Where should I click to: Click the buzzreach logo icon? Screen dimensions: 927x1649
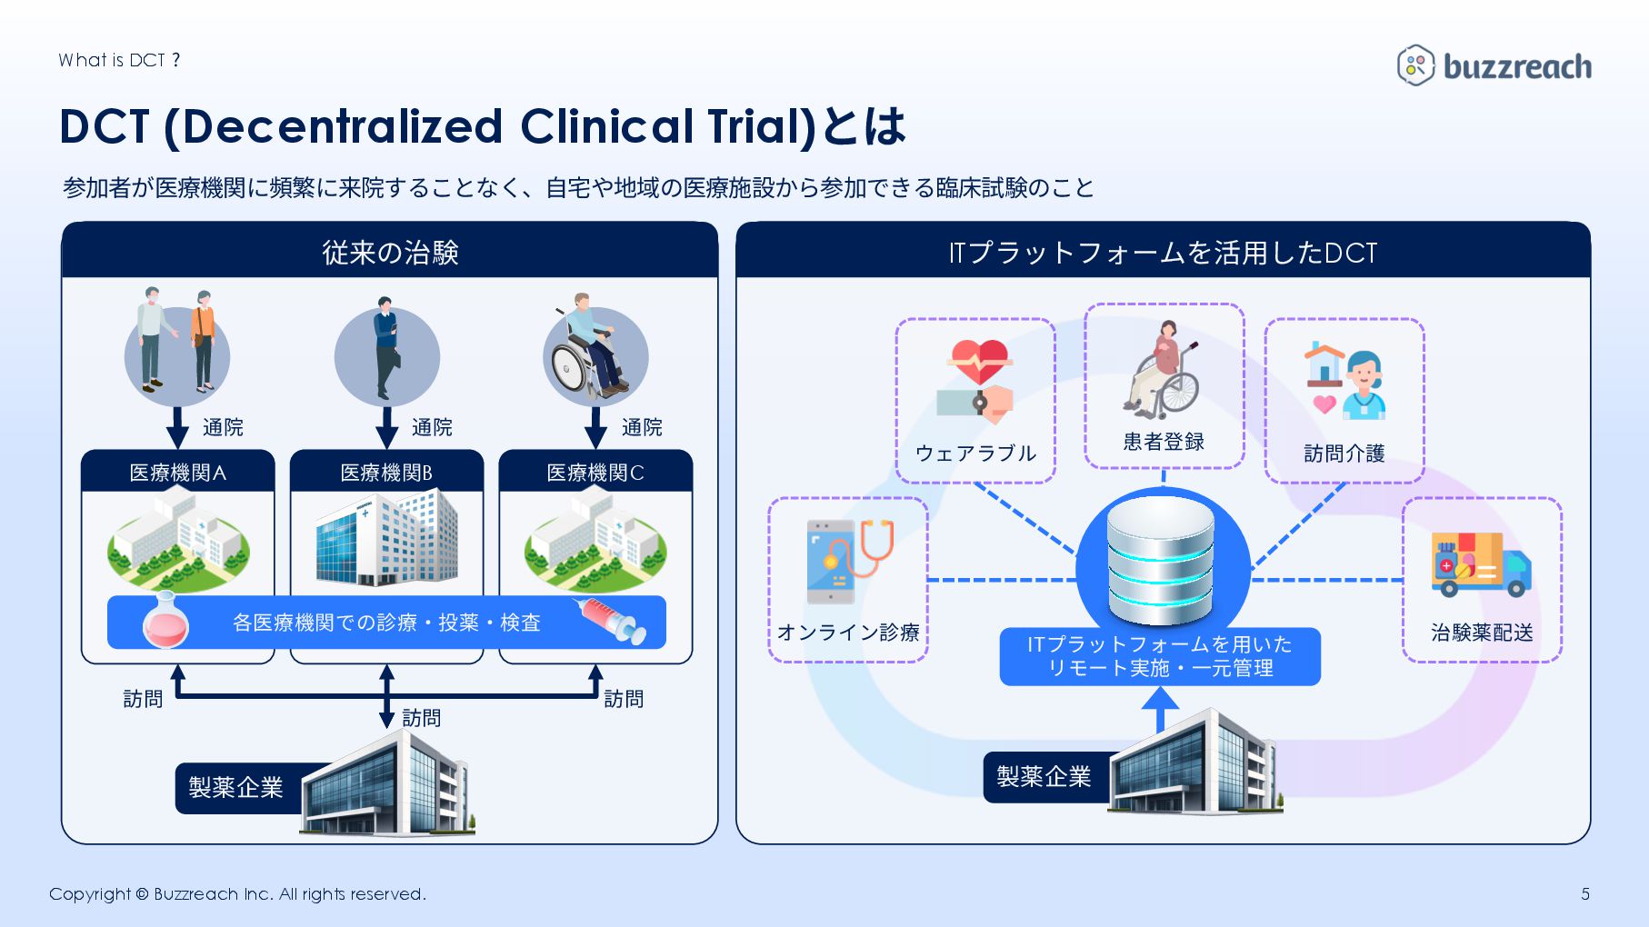[1414, 65]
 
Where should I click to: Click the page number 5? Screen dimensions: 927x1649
[1585, 894]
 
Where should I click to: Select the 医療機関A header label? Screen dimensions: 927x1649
[178, 473]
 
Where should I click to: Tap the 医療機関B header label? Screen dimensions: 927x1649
[386, 473]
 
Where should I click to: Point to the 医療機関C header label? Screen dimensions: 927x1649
[595, 473]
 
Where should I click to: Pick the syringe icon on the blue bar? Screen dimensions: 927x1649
[610, 620]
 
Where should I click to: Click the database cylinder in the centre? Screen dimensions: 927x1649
[1161, 560]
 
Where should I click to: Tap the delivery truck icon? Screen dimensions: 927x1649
[1481, 564]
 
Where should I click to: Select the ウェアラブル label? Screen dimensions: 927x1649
[975, 454]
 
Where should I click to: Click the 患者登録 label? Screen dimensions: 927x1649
[1164, 442]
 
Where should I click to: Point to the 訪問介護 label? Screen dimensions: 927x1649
[1344, 454]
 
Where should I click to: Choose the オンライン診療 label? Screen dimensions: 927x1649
[848, 633]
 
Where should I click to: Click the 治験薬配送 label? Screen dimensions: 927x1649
[1482, 633]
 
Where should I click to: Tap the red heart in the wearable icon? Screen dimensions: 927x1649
[979, 360]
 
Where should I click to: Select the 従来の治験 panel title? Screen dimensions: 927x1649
[390, 253]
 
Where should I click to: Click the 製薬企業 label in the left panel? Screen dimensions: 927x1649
[236, 787]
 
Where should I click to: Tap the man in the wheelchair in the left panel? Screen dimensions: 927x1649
[591, 350]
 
